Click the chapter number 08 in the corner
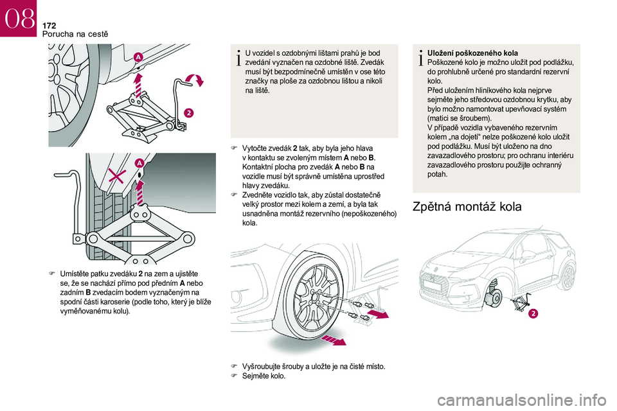[x=19, y=19]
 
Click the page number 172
[x=49, y=26]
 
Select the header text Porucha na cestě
[x=75, y=34]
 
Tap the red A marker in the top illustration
[x=138, y=57]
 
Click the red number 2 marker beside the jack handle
[x=189, y=113]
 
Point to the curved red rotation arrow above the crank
[x=195, y=79]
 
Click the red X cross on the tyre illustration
[x=117, y=177]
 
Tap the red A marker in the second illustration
[x=139, y=163]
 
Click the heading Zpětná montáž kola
[x=467, y=207]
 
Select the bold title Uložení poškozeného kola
[x=472, y=53]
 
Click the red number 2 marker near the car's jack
[x=533, y=313]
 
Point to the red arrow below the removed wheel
[x=334, y=340]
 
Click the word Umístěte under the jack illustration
[x=74, y=274]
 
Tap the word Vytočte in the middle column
[x=255, y=148]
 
